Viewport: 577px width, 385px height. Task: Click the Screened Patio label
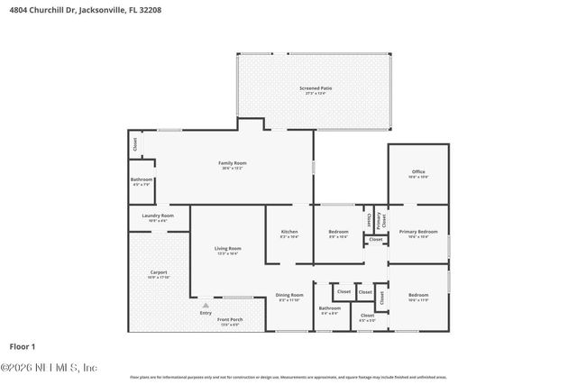[309, 88]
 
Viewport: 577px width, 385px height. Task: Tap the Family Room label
[232, 163]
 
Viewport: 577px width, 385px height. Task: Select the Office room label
[417, 172]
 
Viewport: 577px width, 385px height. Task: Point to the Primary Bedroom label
[417, 232]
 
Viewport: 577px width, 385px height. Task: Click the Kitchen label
[288, 232]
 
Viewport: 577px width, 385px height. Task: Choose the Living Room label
[227, 249]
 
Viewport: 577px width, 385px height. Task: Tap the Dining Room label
[289, 295]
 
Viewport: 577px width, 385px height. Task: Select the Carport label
[158, 272]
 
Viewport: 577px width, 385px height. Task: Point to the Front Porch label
[230, 320]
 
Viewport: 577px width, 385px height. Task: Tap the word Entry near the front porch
[206, 312]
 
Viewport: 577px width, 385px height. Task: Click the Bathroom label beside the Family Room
[142, 179]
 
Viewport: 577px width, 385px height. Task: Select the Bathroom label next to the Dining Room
[329, 308]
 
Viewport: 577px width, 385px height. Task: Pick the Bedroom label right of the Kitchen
[338, 232]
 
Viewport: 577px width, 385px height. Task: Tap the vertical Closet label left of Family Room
[135, 142]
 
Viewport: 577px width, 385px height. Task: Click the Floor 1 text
[22, 346]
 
